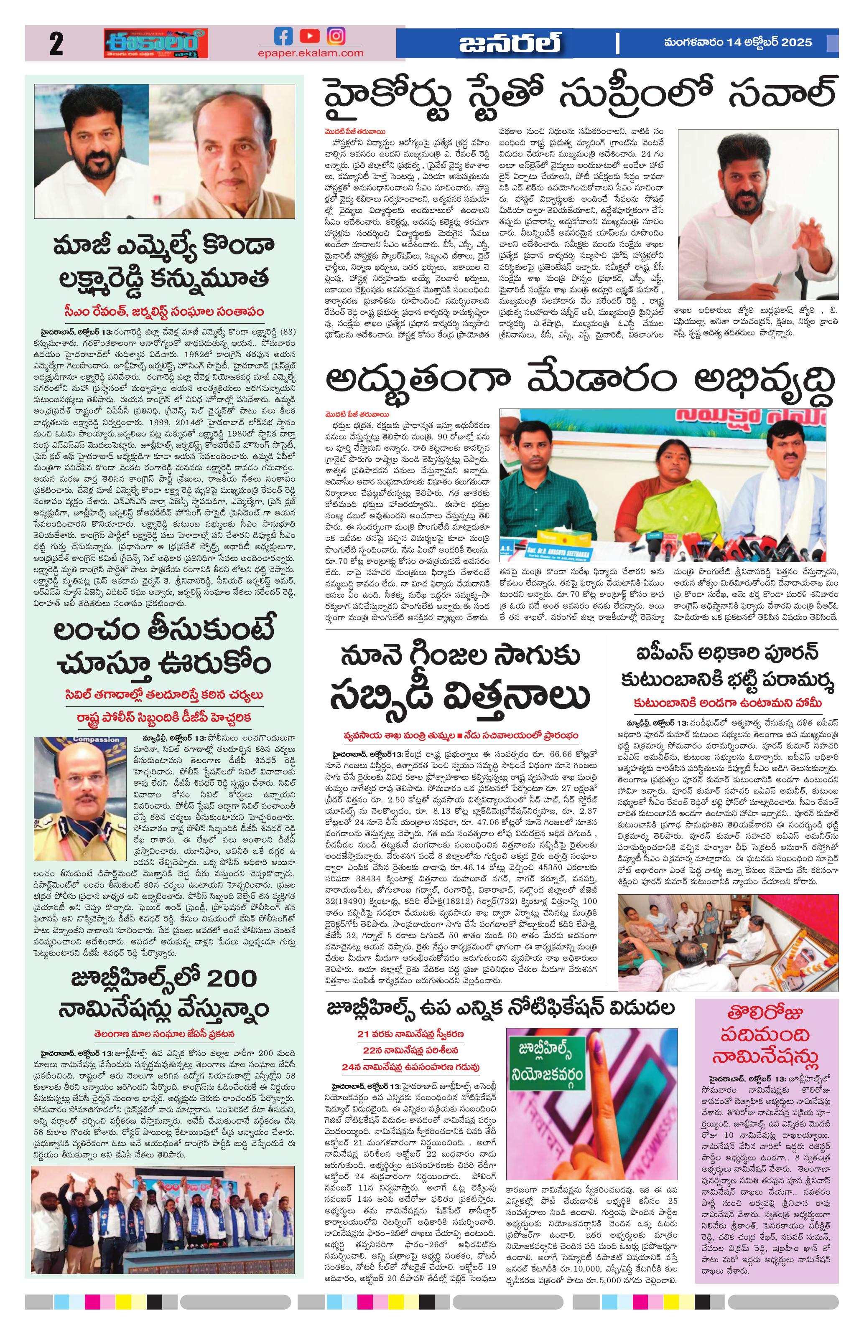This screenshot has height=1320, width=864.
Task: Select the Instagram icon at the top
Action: pos(335,36)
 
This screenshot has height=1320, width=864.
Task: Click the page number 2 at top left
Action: pos(56,44)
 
